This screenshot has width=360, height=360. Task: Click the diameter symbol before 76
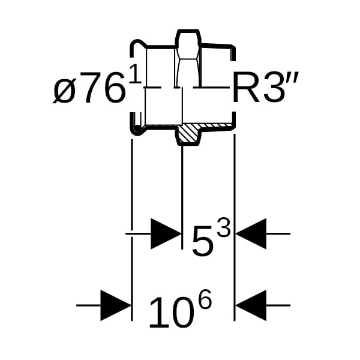tap(65, 91)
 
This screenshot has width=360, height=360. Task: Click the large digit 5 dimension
tap(203, 240)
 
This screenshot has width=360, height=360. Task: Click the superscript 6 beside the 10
tap(204, 299)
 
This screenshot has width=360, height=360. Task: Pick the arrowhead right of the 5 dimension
tap(251, 233)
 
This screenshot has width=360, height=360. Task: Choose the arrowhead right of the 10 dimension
tap(251, 305)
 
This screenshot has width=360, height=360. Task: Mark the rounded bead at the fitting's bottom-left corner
tap(137, 130)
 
